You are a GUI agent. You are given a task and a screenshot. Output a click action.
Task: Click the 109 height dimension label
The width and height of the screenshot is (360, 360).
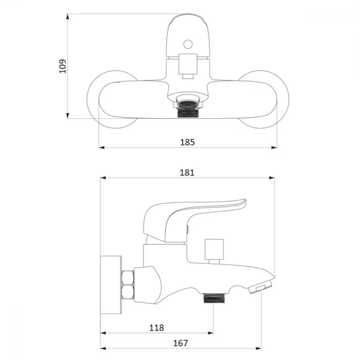(63, 66)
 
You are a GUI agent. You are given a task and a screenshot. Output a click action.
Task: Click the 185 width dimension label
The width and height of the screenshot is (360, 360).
(187, 142)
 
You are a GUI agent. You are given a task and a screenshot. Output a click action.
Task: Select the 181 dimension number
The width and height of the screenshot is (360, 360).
(187, 173)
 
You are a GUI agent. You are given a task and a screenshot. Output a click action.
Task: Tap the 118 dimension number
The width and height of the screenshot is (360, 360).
(157, 328)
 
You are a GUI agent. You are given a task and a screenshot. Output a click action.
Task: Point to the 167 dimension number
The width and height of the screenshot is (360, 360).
(180, 343)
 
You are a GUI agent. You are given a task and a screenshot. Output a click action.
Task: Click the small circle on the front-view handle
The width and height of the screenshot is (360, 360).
(188, 44)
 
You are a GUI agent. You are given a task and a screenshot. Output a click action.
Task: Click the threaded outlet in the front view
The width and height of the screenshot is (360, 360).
(188, 113)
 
